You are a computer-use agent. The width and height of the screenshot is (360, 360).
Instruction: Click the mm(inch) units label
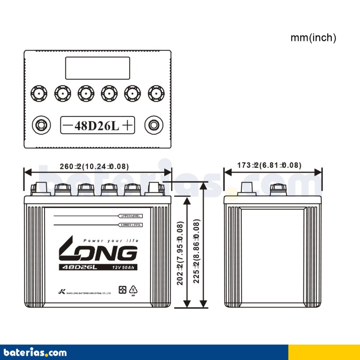pyautogui.click(x=313, y=38)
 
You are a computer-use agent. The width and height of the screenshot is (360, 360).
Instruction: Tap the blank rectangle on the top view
pyautogui.click(x=98, y=68)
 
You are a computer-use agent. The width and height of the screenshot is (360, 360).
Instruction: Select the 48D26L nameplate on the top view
pyautogui.click(x=98, y=125)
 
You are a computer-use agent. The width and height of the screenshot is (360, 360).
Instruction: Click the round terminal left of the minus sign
pyautogui.click(x=41, y=125)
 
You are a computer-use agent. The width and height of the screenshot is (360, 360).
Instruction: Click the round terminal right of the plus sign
pyautogui.click(x=154, y=125)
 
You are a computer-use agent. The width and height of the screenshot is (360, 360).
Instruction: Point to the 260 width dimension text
pyautogui.click(x=94, y=166)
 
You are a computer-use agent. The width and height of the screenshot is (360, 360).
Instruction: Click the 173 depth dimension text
pyautogui.click(x=269, y=166)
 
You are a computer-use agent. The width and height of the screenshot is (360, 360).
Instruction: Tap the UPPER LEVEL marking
pyautogui.click(x=131, y=216)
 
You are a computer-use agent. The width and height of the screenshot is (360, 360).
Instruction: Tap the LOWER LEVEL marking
pyautogui.click(x=131, y=225)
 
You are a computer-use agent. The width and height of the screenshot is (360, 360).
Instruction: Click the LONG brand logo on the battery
pyautogui.click(x=98, y=253)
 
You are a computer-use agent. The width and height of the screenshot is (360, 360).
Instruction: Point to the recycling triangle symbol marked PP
pyautogui.click(x=132, y=291)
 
